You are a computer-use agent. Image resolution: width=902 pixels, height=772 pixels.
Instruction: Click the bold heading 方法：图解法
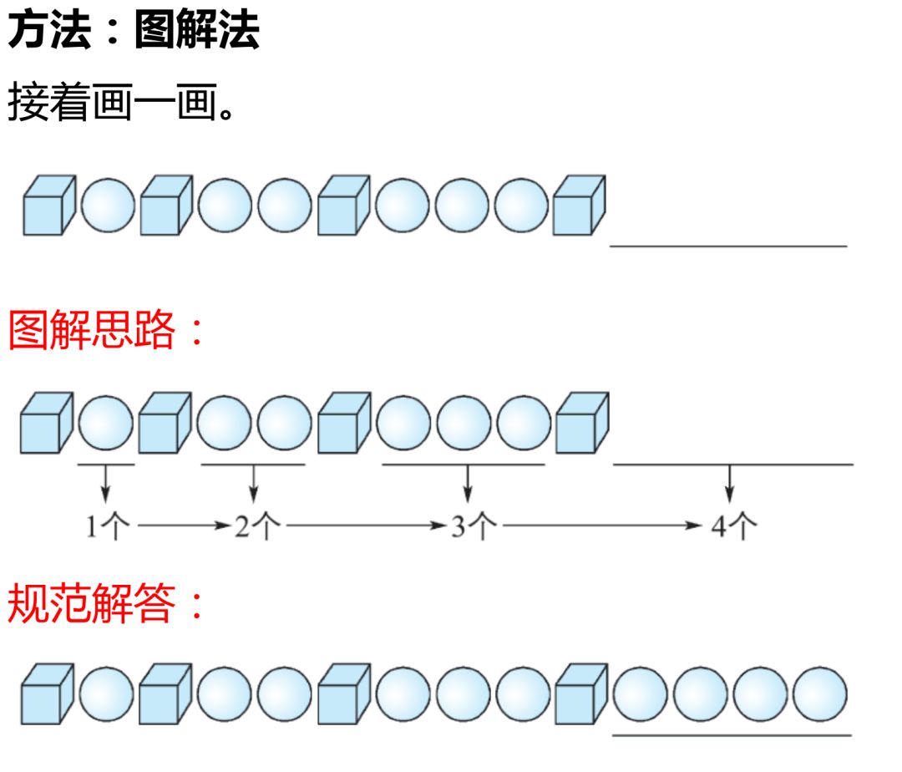click(134, 30)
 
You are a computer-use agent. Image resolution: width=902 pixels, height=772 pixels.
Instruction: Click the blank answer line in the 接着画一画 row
click(728, 246)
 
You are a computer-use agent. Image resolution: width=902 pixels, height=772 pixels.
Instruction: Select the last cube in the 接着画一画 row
click(580, 205)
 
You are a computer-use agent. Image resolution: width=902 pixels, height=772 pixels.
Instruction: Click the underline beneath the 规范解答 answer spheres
click(731, 735)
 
